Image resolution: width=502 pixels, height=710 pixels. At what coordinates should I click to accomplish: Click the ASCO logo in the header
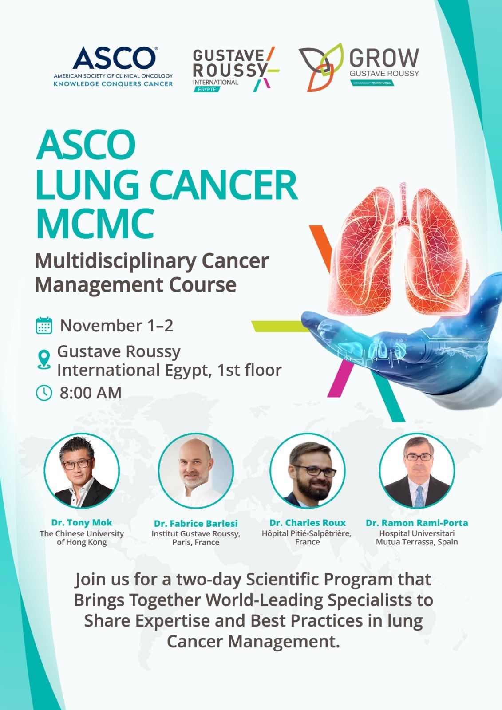pos(113,67)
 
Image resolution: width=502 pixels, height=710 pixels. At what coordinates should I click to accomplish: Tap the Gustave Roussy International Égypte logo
pos(236,69)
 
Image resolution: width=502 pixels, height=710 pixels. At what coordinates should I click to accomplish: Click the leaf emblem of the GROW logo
pos(321,67)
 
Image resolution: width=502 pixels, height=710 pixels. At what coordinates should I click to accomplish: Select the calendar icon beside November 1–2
pos(44,325)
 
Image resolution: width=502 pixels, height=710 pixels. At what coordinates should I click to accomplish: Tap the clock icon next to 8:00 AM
pos(44,393)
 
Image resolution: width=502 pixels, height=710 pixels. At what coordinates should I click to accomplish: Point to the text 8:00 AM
pos(91,393)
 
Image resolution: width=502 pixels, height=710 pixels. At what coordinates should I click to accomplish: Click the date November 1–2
pos(117,326)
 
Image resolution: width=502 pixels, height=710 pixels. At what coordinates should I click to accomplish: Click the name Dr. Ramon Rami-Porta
pos(417,523)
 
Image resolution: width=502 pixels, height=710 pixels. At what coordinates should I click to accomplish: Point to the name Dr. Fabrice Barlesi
pos(196,523)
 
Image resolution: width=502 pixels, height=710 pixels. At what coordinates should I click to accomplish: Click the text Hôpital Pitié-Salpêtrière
pos(306,533)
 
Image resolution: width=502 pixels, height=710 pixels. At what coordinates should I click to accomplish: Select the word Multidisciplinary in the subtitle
pos(115,262)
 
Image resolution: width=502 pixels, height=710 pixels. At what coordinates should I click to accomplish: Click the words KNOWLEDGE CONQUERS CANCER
pos(113,84)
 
